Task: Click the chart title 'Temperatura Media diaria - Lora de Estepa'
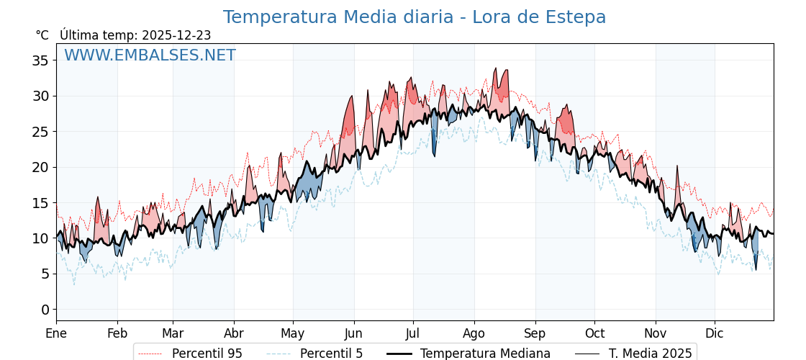414,17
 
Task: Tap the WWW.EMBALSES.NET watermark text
150,55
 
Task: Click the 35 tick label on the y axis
40,60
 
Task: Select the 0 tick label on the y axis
45,310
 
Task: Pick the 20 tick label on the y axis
40,167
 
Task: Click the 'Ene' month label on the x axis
56,333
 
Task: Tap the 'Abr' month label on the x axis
234,333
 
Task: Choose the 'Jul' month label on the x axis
413,333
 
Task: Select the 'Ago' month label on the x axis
474,333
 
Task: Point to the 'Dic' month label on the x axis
715,333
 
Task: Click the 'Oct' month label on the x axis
594,333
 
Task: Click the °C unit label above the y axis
42,35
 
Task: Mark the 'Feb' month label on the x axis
117,333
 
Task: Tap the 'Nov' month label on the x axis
656,333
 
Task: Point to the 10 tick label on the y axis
40,238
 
